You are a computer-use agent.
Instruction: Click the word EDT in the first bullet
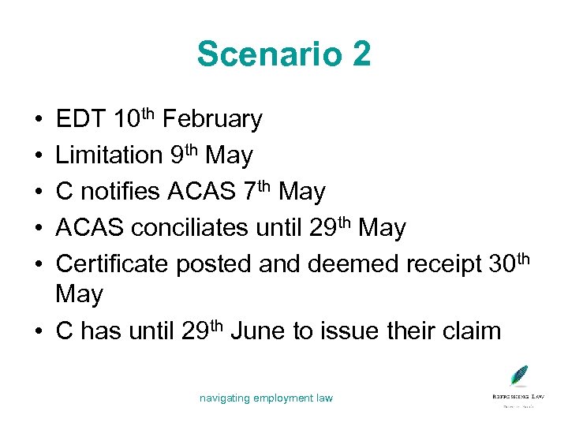(81, 120)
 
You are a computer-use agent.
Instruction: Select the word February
(215, 120)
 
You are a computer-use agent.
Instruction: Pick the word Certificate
(113, 264)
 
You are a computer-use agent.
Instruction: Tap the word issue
(350, 331)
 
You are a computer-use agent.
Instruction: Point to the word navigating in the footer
(224, 398)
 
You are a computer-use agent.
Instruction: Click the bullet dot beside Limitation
(39, 156)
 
